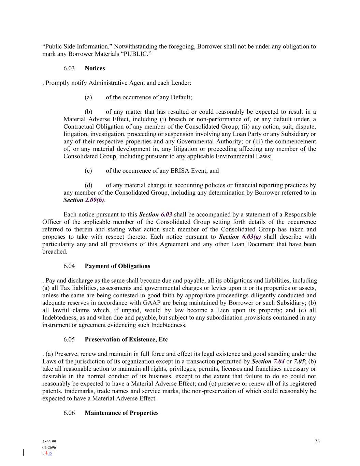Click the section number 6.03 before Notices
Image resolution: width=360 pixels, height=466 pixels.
click(69, 68)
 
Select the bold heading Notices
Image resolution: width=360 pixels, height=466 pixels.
click(95, 68)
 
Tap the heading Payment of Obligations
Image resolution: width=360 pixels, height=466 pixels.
click(117, 266)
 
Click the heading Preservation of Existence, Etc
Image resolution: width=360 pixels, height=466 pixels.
click(126, 339)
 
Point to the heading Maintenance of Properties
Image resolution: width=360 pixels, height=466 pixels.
click(121, 413)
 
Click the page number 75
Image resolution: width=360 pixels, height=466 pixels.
click(317, 441)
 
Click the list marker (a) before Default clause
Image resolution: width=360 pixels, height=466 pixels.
click(88, 97)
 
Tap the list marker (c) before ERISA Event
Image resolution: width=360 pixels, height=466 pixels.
click(88, 171)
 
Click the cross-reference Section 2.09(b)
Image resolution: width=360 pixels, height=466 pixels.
click(84, 200)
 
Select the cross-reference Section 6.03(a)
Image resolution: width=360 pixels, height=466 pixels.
click(240, 237)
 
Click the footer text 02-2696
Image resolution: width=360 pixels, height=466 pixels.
click(49, 447)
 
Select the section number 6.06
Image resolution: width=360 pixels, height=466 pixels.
click(69, 413)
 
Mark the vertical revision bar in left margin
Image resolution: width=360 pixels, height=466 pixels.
click(24, 453)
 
